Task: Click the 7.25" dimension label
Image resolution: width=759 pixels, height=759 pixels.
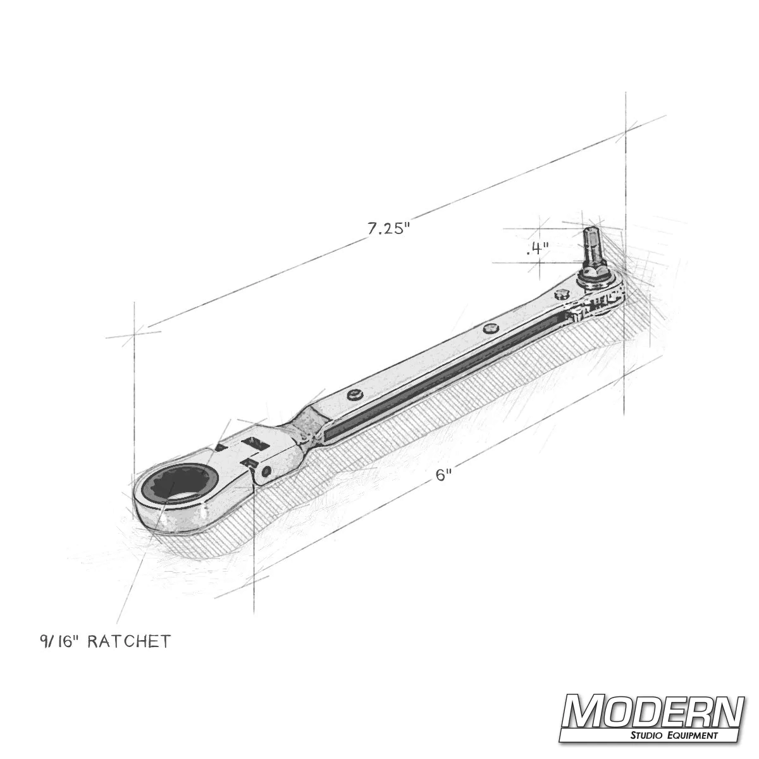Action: [389, 229]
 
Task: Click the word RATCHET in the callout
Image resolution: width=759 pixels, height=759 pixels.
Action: [128, 642]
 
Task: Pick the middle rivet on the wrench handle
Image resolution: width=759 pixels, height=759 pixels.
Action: [488, 328]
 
